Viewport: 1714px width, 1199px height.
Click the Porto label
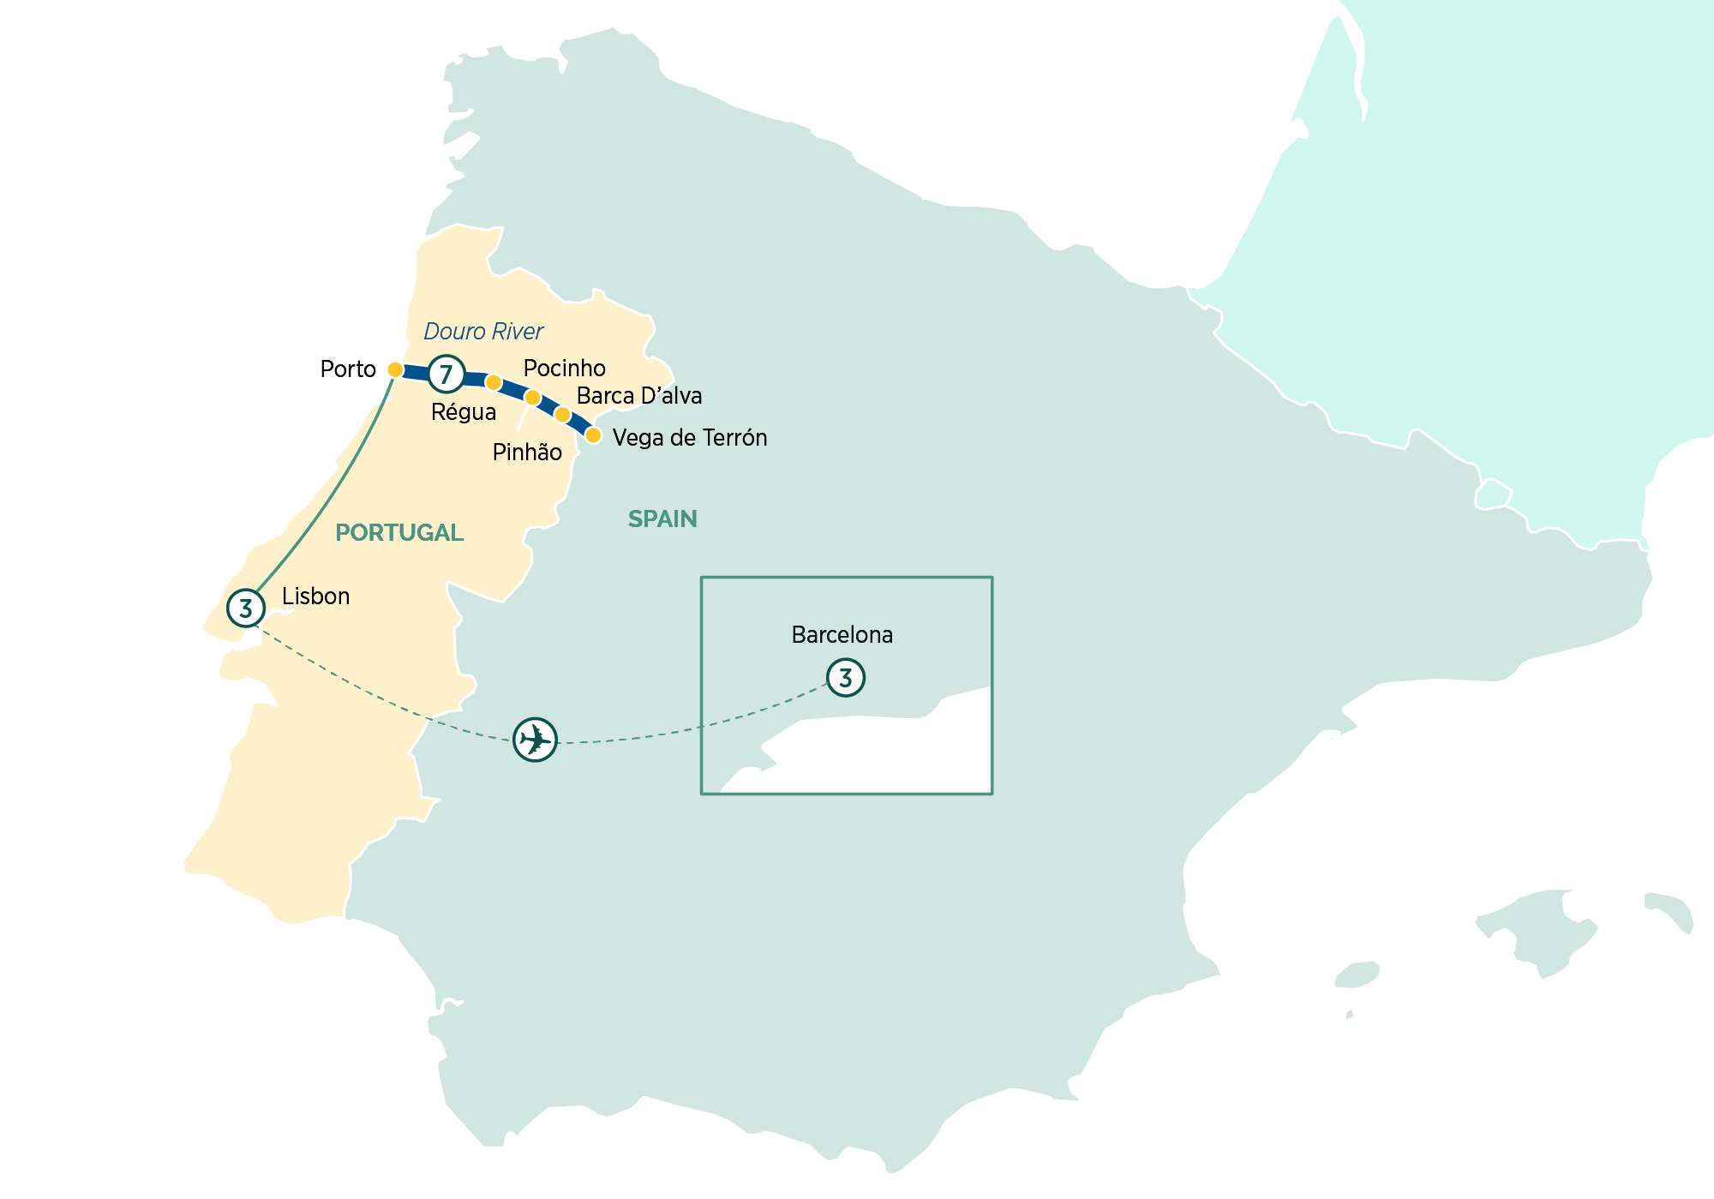point(348,369)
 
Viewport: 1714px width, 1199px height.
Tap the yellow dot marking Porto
point(395,369)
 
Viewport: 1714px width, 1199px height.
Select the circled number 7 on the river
point(446,374)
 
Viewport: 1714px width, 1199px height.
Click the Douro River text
point(483,332)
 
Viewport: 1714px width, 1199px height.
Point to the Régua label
point(464,412)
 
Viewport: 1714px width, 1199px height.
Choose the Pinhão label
point(527,453)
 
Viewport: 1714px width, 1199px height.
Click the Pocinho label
point(564,369)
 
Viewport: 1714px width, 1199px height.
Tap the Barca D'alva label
point(639,396)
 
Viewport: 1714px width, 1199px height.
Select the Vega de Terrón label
point(690,438)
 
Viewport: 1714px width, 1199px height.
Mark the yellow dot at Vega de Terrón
point(593,435)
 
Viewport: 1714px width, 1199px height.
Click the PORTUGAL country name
point(399,533)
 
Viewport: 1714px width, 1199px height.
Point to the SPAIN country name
point(662,519)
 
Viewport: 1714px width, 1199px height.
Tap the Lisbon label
point(315,597)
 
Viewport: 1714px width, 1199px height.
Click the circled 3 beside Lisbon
point(246,608)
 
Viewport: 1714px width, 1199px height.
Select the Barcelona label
point(842,635)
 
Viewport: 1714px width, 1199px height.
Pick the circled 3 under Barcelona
point(846,678)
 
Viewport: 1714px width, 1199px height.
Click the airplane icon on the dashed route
point(535,739)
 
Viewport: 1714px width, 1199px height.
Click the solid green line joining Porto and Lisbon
point(326,497)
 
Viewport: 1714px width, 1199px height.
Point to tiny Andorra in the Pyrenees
point(1493,495)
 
